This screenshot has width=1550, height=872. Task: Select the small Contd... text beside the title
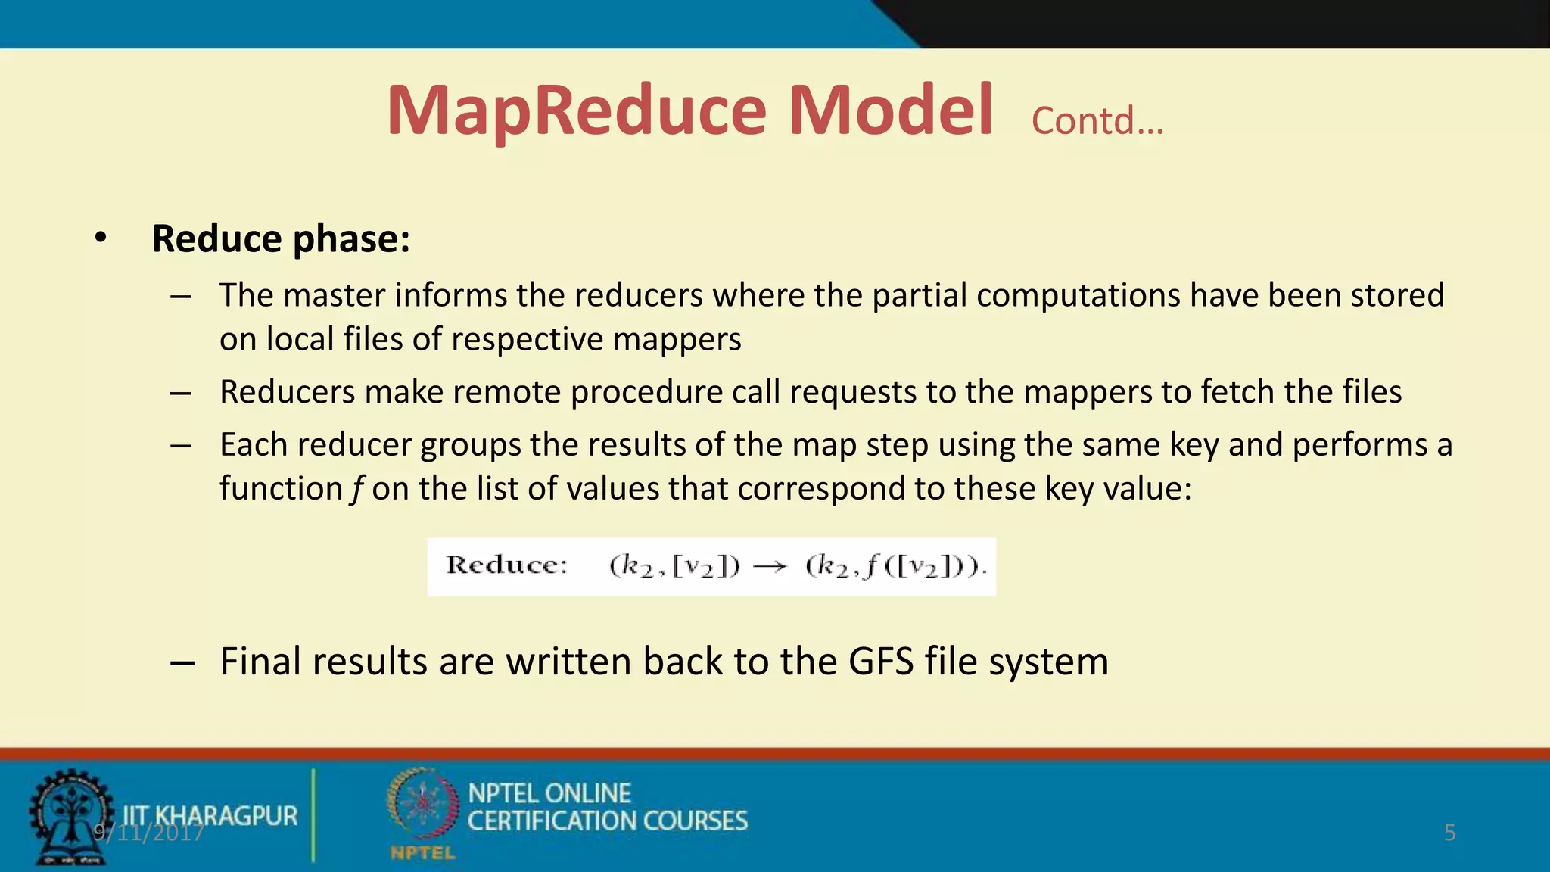pos(1097,121)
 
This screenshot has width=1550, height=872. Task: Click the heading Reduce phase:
pos(281,239)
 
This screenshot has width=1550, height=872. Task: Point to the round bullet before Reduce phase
pos(101,238)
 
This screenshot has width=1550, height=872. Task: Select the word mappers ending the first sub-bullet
pos(677,339)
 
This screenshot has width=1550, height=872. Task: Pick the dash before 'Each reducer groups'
pos(180,446)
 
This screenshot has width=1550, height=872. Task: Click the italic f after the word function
pos(356,489)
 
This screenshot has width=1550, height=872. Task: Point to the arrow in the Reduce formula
pos(770,567)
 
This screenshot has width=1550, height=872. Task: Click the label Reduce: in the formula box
pos(506,565)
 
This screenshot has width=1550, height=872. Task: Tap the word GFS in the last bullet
pos(881,662)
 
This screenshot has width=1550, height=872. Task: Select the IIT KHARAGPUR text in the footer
pos(210,815)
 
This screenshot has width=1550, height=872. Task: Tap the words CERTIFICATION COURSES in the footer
pos(607,821)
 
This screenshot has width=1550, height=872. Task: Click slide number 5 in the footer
pos(1449,833)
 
